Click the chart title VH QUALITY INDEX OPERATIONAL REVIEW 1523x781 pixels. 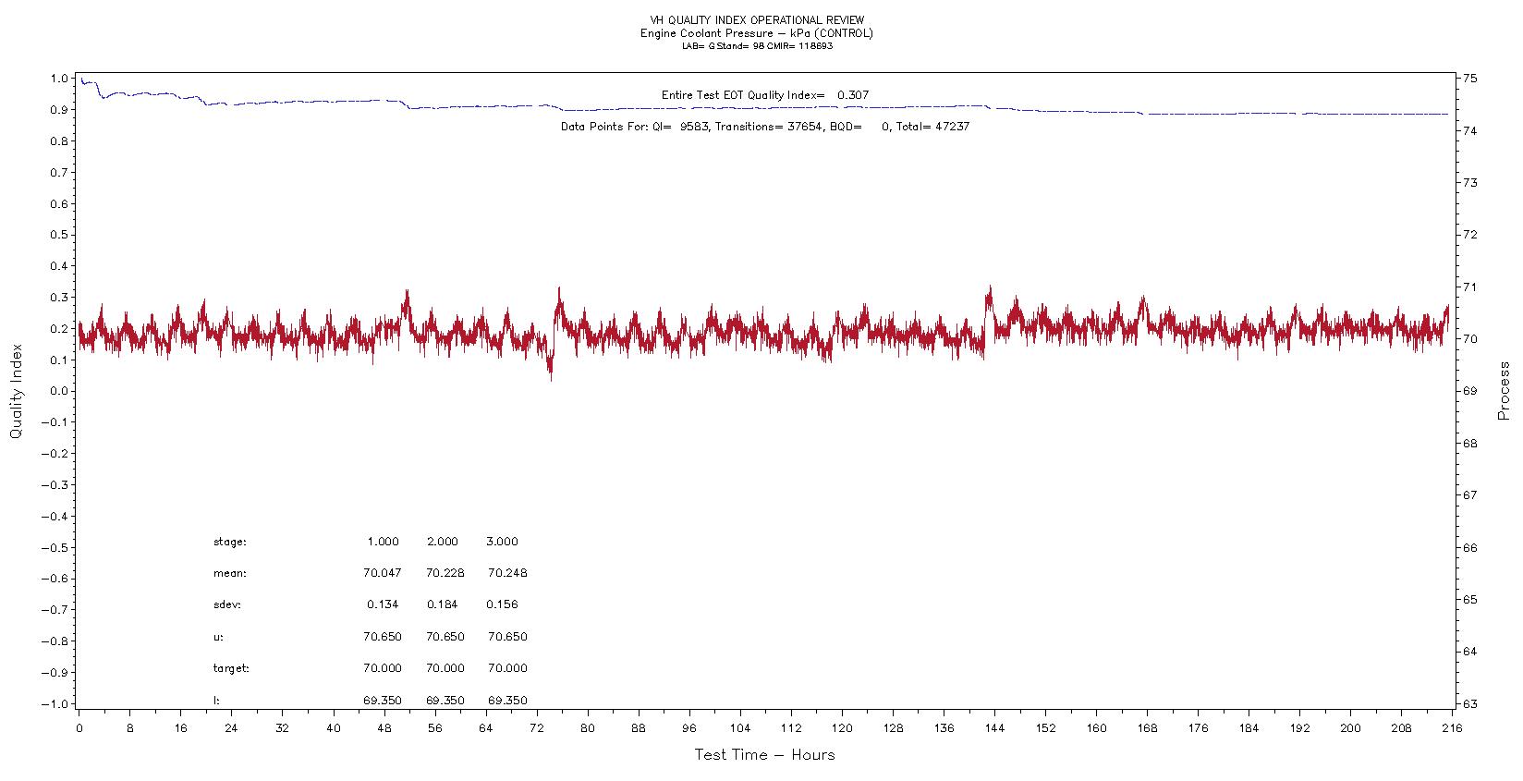tap(757, 20)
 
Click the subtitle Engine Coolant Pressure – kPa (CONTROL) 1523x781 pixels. tap(757, 33)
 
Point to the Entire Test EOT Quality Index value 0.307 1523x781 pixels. tap(852, 95)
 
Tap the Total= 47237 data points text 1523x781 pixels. tap(932, 127)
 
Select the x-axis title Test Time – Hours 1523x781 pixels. tap(764, 755)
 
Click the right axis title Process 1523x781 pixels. tap(1504, 391)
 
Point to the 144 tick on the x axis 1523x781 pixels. tap(994, 728)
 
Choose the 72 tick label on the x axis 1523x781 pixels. tap(536, 728)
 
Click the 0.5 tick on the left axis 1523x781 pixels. tap(58, 235)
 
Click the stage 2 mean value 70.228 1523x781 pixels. tap(445, 573)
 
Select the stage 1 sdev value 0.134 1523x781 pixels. tap(382, 604)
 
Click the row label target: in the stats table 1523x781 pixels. tap(231, 668)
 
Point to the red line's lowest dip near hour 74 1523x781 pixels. tap(552, 379)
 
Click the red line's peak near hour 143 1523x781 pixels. tap(990, 287)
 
